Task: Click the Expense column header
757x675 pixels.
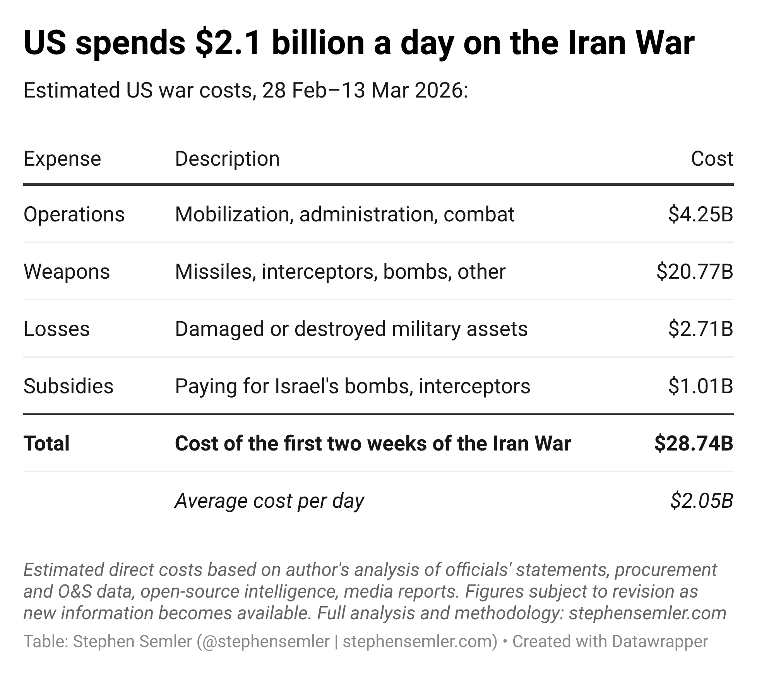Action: (x=62, y=159)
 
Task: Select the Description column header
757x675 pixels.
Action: (x=227, y=159)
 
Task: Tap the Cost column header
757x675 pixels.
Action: (x=712, y=159)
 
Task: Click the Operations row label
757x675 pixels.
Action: (x=74, y=214)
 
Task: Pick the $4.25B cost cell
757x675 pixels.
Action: (x=700, y=214)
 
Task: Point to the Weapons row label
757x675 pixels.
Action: (x=67, y=271)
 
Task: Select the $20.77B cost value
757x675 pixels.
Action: (x=695, y=271)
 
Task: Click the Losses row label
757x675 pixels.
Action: (x=57, y=329)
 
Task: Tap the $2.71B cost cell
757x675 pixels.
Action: (x=700, y=329)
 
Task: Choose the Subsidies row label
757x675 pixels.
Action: (x=69, y=386)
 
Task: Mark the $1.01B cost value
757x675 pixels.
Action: (x=700, y=386)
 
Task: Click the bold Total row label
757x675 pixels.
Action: (x=46, y=443)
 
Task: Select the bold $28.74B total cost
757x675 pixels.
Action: (x=694, y=443)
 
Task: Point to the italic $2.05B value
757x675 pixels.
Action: (x=701, y=500)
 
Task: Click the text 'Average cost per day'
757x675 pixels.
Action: (x=269, y=500)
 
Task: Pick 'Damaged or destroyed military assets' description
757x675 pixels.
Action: (x=351, y=329)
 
